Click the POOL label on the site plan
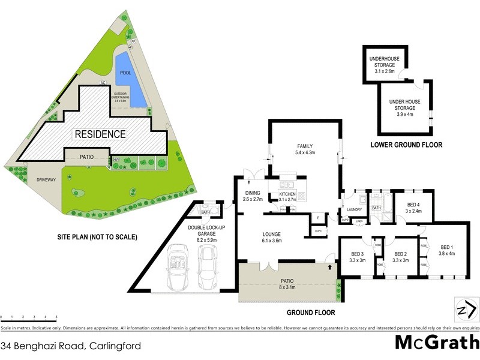pos(125,73)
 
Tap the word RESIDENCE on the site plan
pos(100,134)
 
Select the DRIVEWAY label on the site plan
pos(46,179)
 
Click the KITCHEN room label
pos(287,194)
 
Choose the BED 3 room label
pos(359,253)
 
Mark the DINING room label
pos(251,193)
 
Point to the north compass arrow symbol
pos(466,310)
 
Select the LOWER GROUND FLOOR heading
pos(406,145)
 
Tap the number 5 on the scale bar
pos(56,316)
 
